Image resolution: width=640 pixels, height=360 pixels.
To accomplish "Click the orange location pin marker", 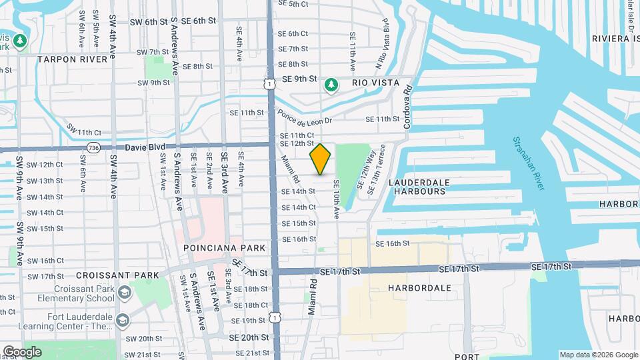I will click(321, 159).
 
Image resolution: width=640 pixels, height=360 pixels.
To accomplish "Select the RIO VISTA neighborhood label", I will click(375, 83).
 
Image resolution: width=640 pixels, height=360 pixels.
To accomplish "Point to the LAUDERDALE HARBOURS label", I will click(419, 187).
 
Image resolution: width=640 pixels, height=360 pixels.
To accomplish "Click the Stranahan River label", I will click(529, 163).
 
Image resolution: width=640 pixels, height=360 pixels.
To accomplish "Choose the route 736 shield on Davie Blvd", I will click(93, 147).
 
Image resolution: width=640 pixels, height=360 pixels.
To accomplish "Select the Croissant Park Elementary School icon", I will click(124, 293).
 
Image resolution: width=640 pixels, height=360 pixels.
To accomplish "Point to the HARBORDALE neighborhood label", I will click(419, 288).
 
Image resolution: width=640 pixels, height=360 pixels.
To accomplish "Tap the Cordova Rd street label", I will click(408, 106).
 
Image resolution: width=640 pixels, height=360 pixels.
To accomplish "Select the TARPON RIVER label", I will click(72, 59).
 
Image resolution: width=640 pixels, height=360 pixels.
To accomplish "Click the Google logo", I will click(22, 351).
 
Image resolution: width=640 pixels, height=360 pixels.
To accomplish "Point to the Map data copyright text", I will click(598, 355).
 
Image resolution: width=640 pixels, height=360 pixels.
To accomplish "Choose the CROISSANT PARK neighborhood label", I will click(117, 275).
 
